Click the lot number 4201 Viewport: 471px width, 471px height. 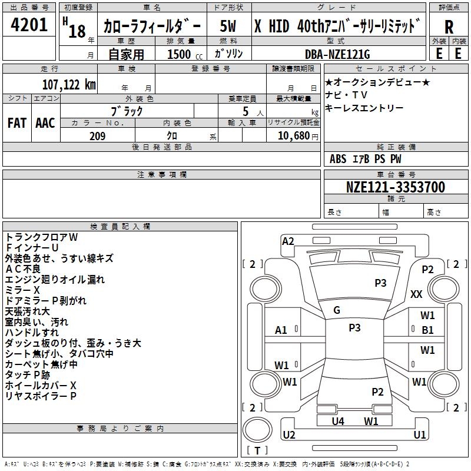point(29,25)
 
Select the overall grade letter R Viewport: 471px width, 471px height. point(449,27)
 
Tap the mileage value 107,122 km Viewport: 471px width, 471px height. point(69,85)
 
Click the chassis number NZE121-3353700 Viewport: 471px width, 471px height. point(396,187)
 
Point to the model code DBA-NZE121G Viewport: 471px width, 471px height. point(337,54)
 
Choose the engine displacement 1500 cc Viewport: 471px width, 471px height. point(185,54)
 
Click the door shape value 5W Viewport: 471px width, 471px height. point(228,26)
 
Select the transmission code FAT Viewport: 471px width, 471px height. point(17,123)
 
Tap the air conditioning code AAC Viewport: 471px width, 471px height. point(45,123)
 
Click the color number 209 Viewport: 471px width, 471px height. point(97,136)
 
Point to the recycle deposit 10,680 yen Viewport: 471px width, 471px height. point(298,136)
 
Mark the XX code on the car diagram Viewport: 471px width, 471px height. point(416,294)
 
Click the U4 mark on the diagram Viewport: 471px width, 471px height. point(338,421)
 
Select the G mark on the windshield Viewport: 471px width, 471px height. point(337,310)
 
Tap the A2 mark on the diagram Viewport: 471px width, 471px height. point(288,241)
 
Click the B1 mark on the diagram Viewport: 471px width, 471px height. point(427,330)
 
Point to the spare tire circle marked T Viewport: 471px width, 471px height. point(257,430)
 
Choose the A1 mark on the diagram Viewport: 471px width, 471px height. point(281,330)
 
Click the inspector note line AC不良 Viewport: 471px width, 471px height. point(23,269)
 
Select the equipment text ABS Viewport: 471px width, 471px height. point(338,159)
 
